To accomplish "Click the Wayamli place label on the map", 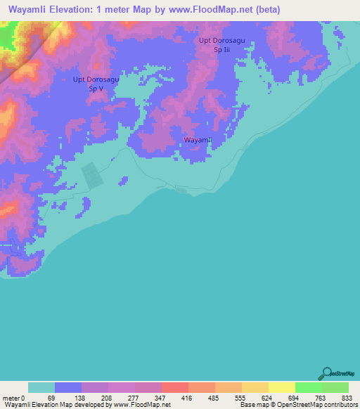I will tap(198, 141).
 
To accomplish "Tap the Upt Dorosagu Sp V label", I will tap(96, 84).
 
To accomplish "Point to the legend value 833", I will tap(344, 398).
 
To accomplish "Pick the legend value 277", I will tap(134, 398).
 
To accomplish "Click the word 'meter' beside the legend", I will tap(11, 398).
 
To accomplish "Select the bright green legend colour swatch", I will tap(308, 387).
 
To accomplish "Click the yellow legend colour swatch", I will tap(281, 387).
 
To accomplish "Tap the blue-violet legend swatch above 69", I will tap(68, 387).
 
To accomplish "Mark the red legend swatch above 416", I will tap(174, 387).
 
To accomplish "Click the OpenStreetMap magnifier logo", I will tap(326, 374).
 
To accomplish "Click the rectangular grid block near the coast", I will tap(92, 176).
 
